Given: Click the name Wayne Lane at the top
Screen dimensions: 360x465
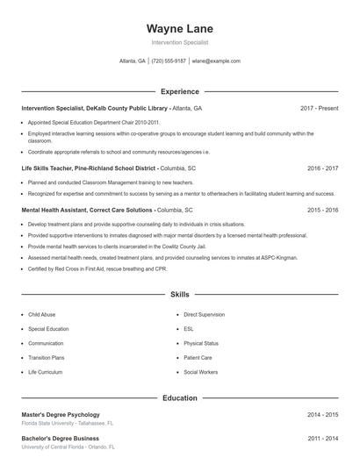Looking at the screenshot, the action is tap(179, 28).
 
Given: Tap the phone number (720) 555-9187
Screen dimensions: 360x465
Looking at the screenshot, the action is tap(169, 61).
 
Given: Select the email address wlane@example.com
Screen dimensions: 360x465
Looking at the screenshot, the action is tap(216, 61).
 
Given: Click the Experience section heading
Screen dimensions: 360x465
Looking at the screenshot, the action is tap(179, 91).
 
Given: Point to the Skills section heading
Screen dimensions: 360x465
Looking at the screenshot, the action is tap(179, 295).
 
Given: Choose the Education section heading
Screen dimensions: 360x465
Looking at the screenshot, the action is tap(179, 397).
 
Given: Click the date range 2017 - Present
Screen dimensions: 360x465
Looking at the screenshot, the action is tap(319, 108).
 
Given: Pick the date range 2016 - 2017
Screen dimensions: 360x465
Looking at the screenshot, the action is tap(322, 168).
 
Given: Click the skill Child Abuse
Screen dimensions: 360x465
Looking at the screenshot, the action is tap(41, 314).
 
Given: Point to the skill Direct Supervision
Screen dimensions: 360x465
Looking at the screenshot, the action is tap(204, 314).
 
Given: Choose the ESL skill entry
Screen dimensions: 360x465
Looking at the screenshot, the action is tap(189, 329).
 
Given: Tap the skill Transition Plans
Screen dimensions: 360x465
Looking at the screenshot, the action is tap(47, 358).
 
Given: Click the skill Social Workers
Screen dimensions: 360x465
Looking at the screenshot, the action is tap(200, 372).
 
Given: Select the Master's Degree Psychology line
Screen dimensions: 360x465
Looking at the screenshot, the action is tap(61, 414).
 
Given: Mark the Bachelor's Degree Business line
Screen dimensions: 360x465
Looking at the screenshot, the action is tap(60, 437).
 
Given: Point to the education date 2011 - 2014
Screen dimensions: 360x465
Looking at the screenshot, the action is tap(322, 437).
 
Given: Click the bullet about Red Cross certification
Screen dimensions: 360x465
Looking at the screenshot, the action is tap(97, 268).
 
